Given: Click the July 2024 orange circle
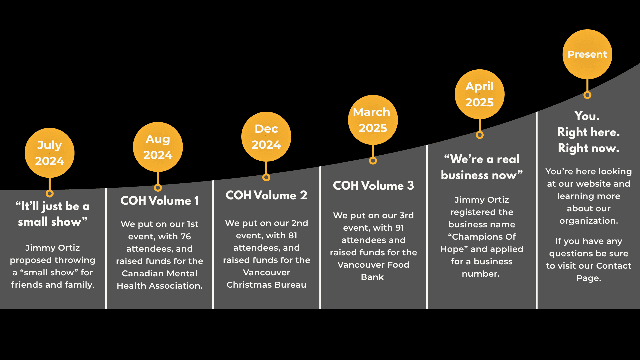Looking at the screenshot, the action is pyautogui.click(x=49, y=153).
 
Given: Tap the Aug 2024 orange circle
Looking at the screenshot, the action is pyautogui.click(x=158, y=147).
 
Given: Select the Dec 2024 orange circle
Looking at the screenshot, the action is pyautogui.click(x=266, y=137).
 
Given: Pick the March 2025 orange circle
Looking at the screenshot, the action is pyautogui.click(x=373, y=120).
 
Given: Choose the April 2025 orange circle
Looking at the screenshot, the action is pyautogui.click(x=479, y=94).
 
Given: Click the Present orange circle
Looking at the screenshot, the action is pyautogui.click(x=587, y=54).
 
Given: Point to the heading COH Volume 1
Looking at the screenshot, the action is pyautogui.click(x=160, y=201).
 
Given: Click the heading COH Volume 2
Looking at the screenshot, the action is pyautogui.click(x=266, y=195).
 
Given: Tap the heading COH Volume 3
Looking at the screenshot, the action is pyautogui.click(x=373, y=186).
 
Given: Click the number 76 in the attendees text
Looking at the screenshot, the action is pyautogui.click(x=185, y=236).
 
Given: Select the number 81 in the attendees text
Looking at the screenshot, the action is pyautogui.click(x=293, y=235).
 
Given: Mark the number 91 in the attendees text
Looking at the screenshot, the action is pyautogui.click(x=400, y=228).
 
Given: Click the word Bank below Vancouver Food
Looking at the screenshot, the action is pyautogui.click(x=372, y=277).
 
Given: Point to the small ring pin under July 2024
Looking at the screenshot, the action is pyautogui.click(x=49, y=193).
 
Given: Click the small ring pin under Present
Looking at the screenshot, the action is pyautogui.click(x=587, y=95).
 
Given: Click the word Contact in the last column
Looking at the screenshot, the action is pyautogui.click(x=614, y=266).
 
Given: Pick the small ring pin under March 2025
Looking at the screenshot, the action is pyautogui.click(x=373, y=161).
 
